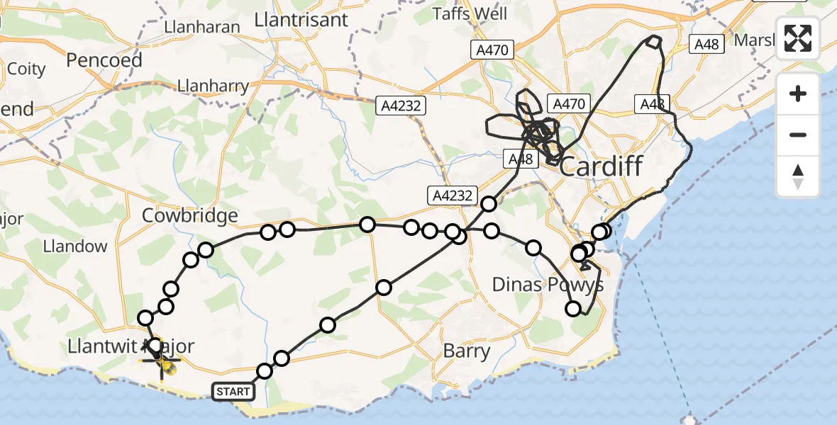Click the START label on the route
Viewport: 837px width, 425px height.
[x=233, y=391]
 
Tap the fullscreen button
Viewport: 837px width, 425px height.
[x=798, y=38]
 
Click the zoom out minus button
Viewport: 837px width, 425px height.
[x=798, y=135]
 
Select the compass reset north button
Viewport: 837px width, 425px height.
[x=798, y=176]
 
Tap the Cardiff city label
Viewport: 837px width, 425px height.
[x=601, y=167]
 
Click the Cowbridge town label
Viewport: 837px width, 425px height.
[x=190, y=215]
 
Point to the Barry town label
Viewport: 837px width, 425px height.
[x=466, y=351]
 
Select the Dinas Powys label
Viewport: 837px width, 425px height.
[x=548, y=285]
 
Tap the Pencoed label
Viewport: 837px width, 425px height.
[x=104, y=60]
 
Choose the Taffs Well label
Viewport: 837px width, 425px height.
[x=470, y=13]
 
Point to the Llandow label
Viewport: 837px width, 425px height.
[x=75, y=246]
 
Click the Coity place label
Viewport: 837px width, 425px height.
[x=26, y=69]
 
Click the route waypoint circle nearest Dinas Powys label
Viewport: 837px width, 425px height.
[x=573, y=308]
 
